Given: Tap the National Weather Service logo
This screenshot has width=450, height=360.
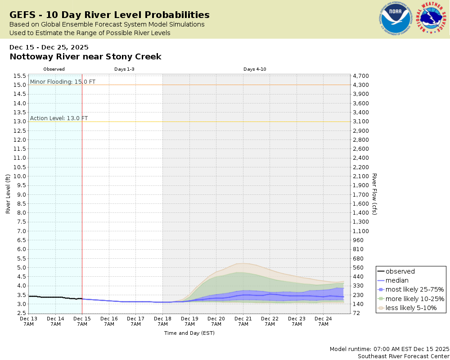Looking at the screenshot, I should coord(432,18).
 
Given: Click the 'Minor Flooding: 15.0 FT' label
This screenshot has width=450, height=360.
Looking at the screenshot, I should coord(63,81).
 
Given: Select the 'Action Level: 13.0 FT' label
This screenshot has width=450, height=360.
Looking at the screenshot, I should coord(59,118).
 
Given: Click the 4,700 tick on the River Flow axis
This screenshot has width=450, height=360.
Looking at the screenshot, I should coord(361,76).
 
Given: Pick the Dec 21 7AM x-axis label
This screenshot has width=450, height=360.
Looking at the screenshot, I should coord(243,321).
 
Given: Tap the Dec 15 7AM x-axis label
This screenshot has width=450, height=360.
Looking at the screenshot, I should coord(82,321).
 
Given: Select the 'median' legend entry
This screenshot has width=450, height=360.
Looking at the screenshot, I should coord(397,280).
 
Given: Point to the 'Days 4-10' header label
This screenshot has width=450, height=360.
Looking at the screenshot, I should coord(255,69).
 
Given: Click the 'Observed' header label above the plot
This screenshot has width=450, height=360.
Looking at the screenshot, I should coord(54,69).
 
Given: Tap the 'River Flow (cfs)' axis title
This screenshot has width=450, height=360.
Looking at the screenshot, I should coord(374,194).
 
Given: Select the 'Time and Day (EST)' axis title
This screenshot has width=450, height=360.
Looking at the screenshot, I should coord(189,333).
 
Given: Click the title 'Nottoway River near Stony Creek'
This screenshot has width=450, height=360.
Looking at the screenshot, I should coord(85,57).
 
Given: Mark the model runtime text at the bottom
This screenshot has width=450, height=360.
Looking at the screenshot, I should coord(389,349).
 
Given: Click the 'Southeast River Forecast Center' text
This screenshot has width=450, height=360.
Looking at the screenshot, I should coord(403,356).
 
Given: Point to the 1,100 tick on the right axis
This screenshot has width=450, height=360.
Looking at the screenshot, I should coord(361,231).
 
